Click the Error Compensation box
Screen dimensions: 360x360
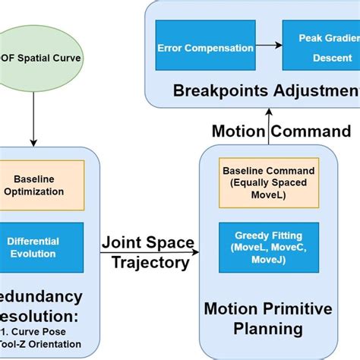(x=205, y=48)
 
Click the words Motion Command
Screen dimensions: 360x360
(x=281, y=131)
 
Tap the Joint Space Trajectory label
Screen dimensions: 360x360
(x=148, y=253)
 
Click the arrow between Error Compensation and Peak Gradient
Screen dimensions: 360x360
(x=268, y=48)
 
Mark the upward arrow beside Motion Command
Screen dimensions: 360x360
(x=267, y=131)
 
